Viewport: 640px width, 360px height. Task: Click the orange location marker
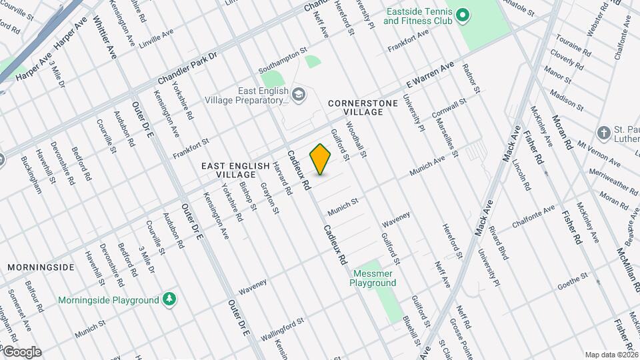tap(321, 159)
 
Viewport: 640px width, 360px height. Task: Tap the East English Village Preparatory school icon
tap(298, 94)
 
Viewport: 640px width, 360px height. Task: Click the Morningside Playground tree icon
tap(170, 299)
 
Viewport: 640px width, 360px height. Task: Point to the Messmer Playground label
tap(373, 278)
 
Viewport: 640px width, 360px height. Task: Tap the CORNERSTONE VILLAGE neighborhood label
tap(356, 108)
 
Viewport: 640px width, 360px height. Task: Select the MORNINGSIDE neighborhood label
tap(41, 267)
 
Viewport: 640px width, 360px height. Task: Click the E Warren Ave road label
tap(431, 75)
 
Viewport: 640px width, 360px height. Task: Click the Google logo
tap(22, 351)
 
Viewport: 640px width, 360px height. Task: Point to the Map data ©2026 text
tap(611, 355)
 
